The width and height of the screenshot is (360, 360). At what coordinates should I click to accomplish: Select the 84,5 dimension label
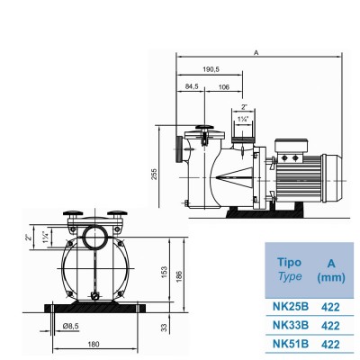[x=192, y=88]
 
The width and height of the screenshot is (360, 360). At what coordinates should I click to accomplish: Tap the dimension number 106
[x=222, y=88]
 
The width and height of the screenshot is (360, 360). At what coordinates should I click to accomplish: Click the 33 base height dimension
[x=163, y=327]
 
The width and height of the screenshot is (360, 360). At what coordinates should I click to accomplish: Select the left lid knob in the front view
[x=72, y=215]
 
